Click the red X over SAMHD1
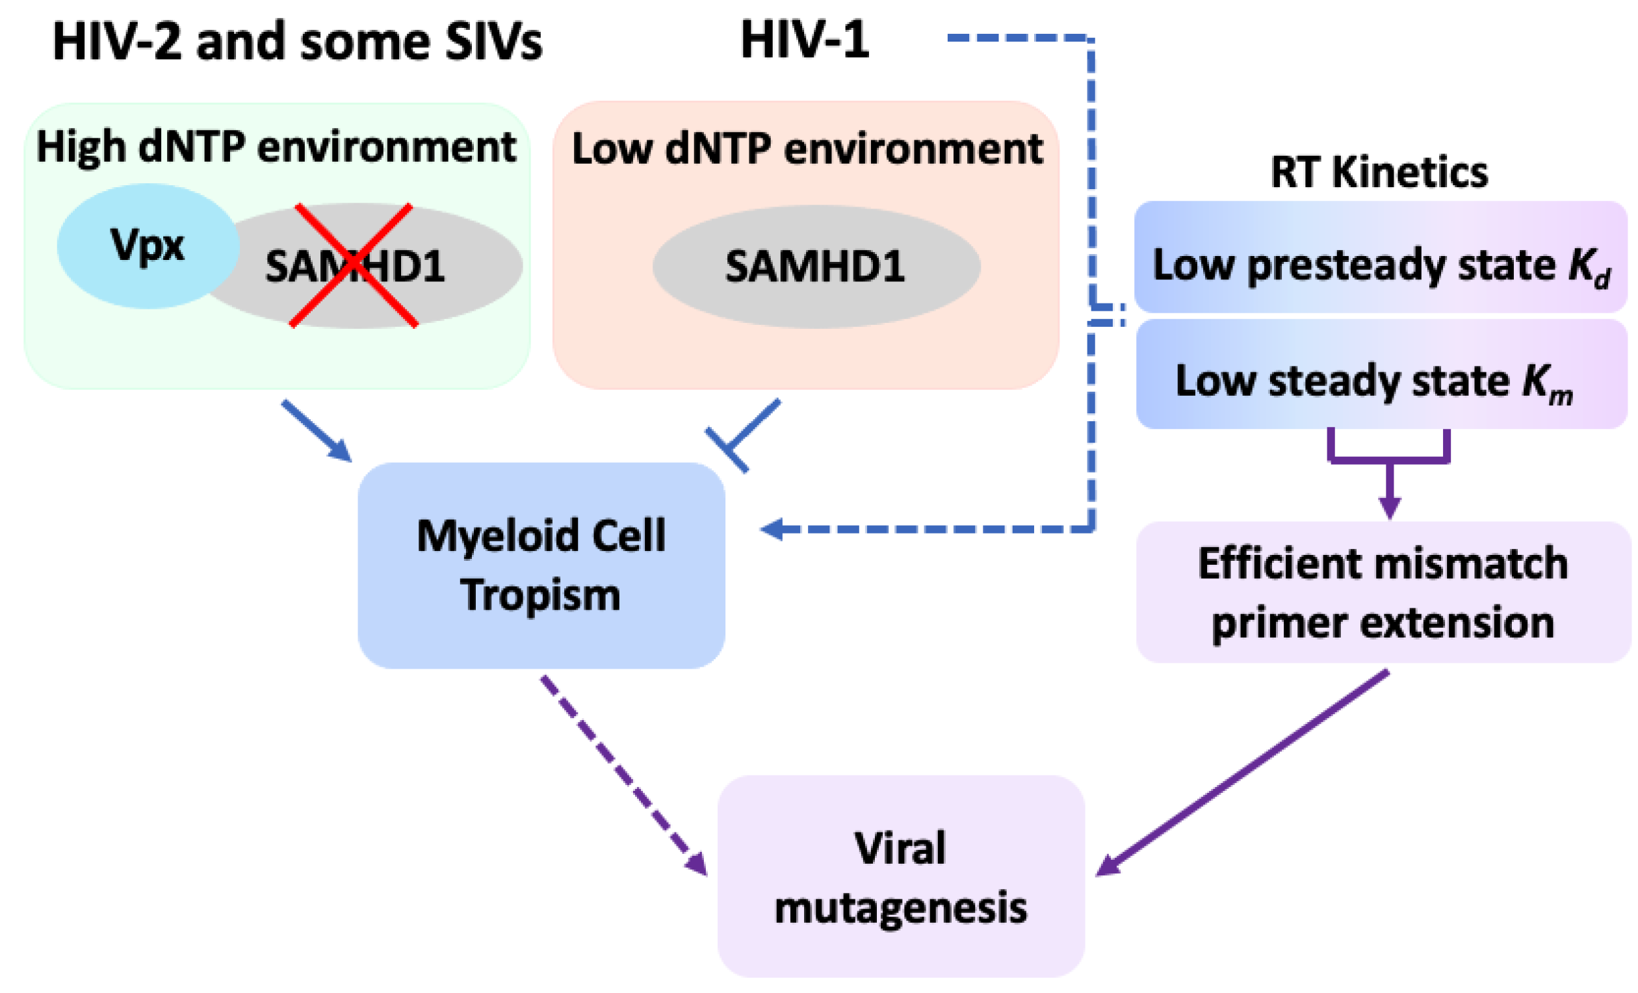pyautogui.click(x=354, y=265)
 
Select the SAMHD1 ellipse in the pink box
pyautogui.click(x=816, y=266)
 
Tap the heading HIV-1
pyautogui.click(x=805, y=40)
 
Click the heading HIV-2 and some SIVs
pyautogui.click(x=297, y=42)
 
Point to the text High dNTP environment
pyautogui.click(x=276, y=147)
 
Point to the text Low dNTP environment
pyautogui.click(x=807, y=149)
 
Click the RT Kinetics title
pyautogui.click(x=1379, y=173)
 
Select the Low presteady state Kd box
pyautogui.click(x=1380, y=257)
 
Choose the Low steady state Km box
pyautogui.click(x=1380, y=374)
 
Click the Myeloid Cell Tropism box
pyautogui.click(x=540, y=565)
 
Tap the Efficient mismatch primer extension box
pyautogui.click(x=1383, y=592)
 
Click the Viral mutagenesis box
pyautogui.click(x=901, y=876)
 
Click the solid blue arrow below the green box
pyautogui.click(x=316, y=430)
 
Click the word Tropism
pyautogui.click(x=540, y=595)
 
